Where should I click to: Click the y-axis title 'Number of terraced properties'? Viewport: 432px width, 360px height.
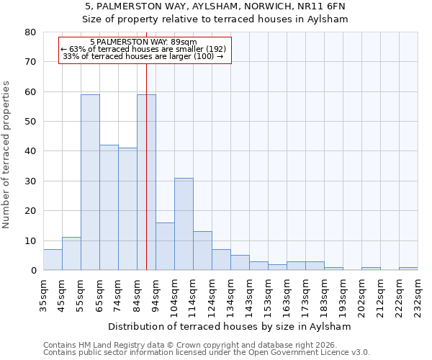pyautogui.click(x=6, y=155)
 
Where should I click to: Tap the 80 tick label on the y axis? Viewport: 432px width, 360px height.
pyautogui.click(x=30, y=32)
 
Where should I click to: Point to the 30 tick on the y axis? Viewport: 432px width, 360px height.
pyautogui.click(x=30, y=181)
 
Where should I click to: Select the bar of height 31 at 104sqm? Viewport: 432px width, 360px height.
pyautogui.click(x=184, y=224)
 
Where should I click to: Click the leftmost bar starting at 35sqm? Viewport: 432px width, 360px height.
pyautogui.click(x=53, y=260)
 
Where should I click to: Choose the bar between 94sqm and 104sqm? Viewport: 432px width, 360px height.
pyautogui.click(x=165, y=246)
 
